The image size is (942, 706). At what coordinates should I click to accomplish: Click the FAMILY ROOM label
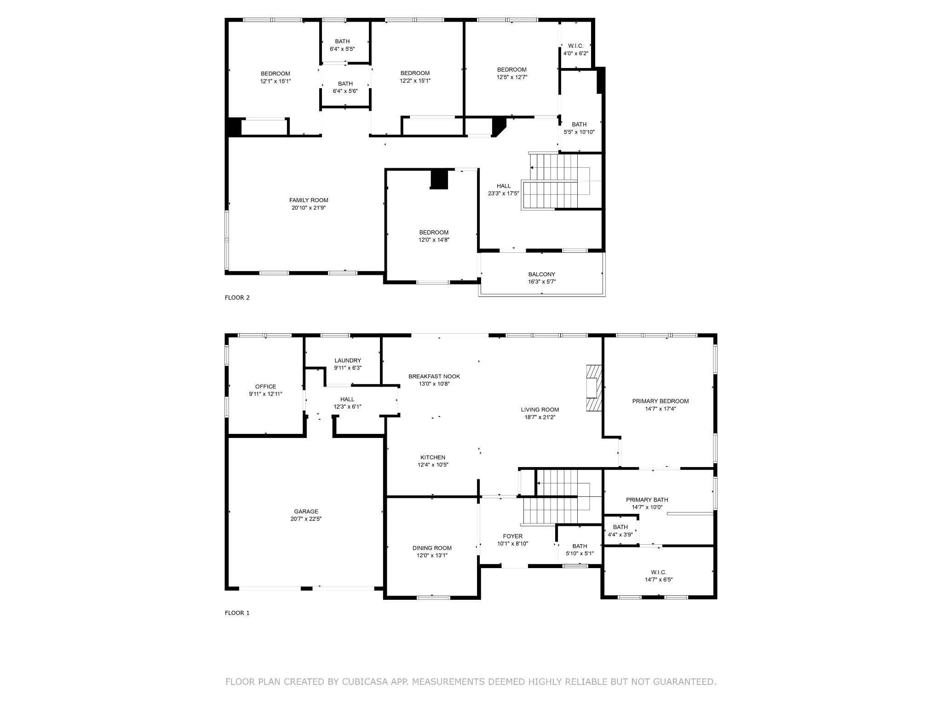pos(309,200)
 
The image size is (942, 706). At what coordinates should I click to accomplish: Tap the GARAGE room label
pos(306,512)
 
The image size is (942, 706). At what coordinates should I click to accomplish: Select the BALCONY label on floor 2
pos(541,274)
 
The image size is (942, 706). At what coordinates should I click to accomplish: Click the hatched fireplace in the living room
pos(594,387)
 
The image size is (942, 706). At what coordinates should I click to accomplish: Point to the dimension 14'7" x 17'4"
pos(660,409)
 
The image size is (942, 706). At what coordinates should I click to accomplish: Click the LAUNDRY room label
pos(348,360)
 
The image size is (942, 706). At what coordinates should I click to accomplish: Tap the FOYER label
pos(512,536)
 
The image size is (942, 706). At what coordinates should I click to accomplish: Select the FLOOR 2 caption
pos(237,297)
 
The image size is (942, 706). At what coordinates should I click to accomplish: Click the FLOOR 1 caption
pos(237,613)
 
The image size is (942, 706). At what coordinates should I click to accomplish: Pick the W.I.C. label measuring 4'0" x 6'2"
pos(575,46)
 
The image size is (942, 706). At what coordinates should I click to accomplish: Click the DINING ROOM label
pos(432,548)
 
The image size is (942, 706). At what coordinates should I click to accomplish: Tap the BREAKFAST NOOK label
pos(434,376)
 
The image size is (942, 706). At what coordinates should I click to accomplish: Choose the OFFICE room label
pos(266,387)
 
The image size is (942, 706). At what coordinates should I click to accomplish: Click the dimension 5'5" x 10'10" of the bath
pos(579,132)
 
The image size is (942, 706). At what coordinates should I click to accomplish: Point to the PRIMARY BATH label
pos(647,500)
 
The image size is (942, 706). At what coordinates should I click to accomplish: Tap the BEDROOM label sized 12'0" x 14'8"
pos(433,233)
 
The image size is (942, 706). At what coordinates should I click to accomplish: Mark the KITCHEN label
pos(433,457)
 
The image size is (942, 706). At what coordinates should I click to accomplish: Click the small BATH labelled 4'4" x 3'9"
pos(620,527)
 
